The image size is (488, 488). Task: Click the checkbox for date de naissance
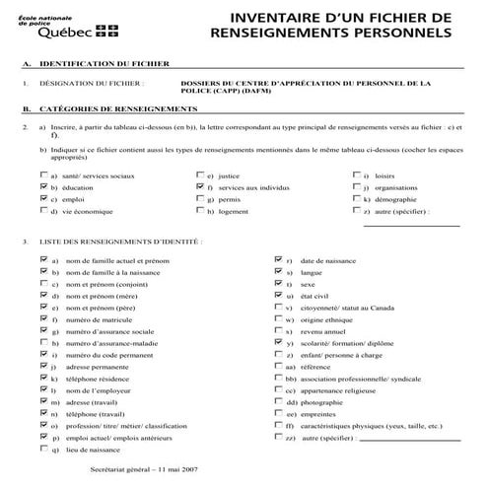tap(279, 259)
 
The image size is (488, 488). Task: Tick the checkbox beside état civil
tap(279, 295)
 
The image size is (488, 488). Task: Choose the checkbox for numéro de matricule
tap(42, 319)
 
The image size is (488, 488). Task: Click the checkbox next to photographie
tap(279, 403)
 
